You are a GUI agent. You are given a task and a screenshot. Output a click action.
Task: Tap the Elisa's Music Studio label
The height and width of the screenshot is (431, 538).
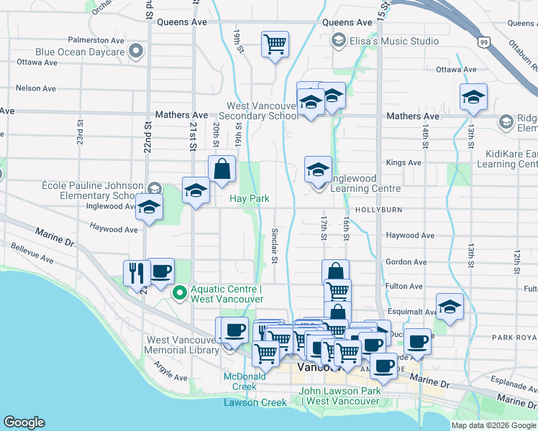(393, 41)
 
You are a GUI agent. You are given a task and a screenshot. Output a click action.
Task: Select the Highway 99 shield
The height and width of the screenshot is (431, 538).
(485, 43)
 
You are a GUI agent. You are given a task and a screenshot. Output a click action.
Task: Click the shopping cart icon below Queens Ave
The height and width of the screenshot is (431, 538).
(275, 45)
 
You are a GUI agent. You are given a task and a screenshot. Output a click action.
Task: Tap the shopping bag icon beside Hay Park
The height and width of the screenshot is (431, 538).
(222, 170)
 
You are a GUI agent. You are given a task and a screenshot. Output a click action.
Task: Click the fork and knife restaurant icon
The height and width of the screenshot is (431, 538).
(135, 273)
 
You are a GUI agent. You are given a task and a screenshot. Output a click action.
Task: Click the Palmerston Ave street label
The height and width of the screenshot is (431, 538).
(96, 40)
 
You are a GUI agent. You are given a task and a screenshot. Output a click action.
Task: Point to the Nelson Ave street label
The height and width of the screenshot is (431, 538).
(36, 88)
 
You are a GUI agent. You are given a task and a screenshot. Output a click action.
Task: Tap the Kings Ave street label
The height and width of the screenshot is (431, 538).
(403, 163)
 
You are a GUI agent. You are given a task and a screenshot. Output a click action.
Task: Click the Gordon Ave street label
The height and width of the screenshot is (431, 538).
(403, 262)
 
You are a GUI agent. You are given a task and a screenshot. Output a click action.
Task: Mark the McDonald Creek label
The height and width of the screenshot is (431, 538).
(240, 381)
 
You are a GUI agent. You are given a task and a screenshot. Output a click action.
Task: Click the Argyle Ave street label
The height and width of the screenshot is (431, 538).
(170, 372)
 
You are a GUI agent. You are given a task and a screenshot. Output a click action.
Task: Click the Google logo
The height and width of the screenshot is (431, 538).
(24, 422)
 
